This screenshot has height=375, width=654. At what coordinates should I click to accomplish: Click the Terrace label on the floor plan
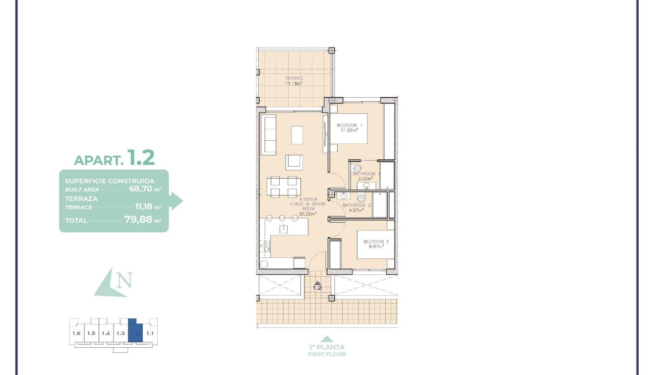pyautogui.click(x=294, y=78)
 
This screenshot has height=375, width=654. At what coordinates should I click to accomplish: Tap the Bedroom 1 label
pyautogui.click(x=350, y=125)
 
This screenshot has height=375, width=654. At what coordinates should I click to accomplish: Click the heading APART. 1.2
pyautogui.click(x=114, y=158)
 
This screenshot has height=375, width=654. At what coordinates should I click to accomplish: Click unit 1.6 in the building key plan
pyautogui.click(x=76, y=333)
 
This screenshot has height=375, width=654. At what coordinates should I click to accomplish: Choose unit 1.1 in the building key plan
pyautogui.click(x=150, y=333)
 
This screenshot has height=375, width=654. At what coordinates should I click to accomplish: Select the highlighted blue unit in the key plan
pyautogui.click(x=135, y=331)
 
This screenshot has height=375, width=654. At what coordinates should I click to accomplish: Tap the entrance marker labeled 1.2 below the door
pyautogui.click(x=317, y=287)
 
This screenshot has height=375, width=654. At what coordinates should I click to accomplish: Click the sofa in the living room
pyautogui.click(x=269, y=135)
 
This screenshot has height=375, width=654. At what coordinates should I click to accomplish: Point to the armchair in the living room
pyautogui.click(x=294, y=162)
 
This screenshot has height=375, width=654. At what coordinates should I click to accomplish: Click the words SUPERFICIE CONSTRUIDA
pyautogui.click(x=110, y=181)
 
